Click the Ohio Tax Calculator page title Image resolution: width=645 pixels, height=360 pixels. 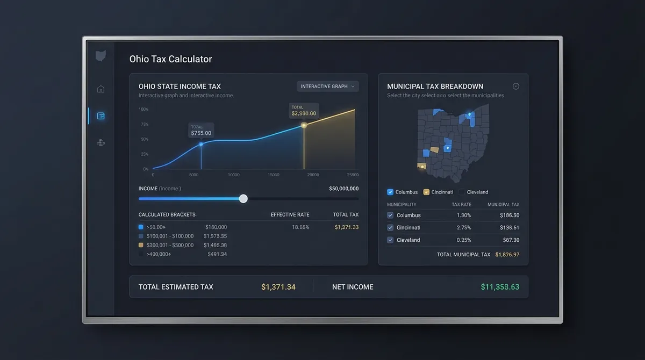point(170,59)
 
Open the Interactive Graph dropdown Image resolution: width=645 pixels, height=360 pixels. point(327,87)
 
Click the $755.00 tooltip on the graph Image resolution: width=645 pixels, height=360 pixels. point(201,130)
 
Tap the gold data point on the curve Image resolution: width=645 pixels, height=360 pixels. point(304,125)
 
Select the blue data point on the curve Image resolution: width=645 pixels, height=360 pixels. point(201,144)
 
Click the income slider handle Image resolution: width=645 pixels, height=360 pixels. point(243,199)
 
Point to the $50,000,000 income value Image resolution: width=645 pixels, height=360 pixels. point(343,189)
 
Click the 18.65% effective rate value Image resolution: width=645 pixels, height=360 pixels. point(300,227)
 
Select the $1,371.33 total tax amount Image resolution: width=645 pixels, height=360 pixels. point(346,227)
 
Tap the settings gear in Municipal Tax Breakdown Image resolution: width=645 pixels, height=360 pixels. point(516,87)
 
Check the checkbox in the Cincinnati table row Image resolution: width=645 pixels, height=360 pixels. point(391,228)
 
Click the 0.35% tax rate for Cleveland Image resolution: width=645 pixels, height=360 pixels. point(464,240)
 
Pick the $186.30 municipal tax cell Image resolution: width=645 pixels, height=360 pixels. point(509,215)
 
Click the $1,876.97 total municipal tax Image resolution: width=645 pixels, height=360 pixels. point(507,255)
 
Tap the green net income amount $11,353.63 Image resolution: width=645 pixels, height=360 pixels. point(500,287)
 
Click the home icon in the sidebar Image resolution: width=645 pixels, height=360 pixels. point(101,89)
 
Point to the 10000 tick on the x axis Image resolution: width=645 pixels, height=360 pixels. point(234,175)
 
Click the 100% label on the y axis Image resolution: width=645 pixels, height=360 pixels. point(144,110)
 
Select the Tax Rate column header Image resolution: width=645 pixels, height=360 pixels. point(462,205)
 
